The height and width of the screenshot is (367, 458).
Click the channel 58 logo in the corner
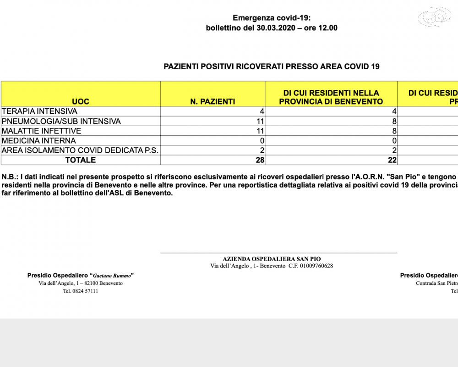[435, 17]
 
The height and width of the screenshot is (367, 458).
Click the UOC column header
[81, 101]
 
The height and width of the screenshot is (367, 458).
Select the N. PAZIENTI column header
[213, 101]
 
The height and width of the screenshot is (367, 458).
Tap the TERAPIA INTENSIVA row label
[40, 111]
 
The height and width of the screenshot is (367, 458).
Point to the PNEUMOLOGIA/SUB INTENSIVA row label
[61, 121]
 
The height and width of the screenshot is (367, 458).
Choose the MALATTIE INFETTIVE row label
[42, 131]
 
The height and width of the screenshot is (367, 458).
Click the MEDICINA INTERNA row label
[39, 141]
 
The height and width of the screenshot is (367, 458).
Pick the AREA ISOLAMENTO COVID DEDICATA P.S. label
[80, 150]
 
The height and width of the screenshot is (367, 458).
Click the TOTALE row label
[81, 160]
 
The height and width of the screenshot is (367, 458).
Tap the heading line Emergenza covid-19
[272, 18]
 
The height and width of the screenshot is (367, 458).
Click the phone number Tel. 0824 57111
[81, 291]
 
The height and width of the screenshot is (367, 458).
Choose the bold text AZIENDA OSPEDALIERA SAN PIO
[271, 258]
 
